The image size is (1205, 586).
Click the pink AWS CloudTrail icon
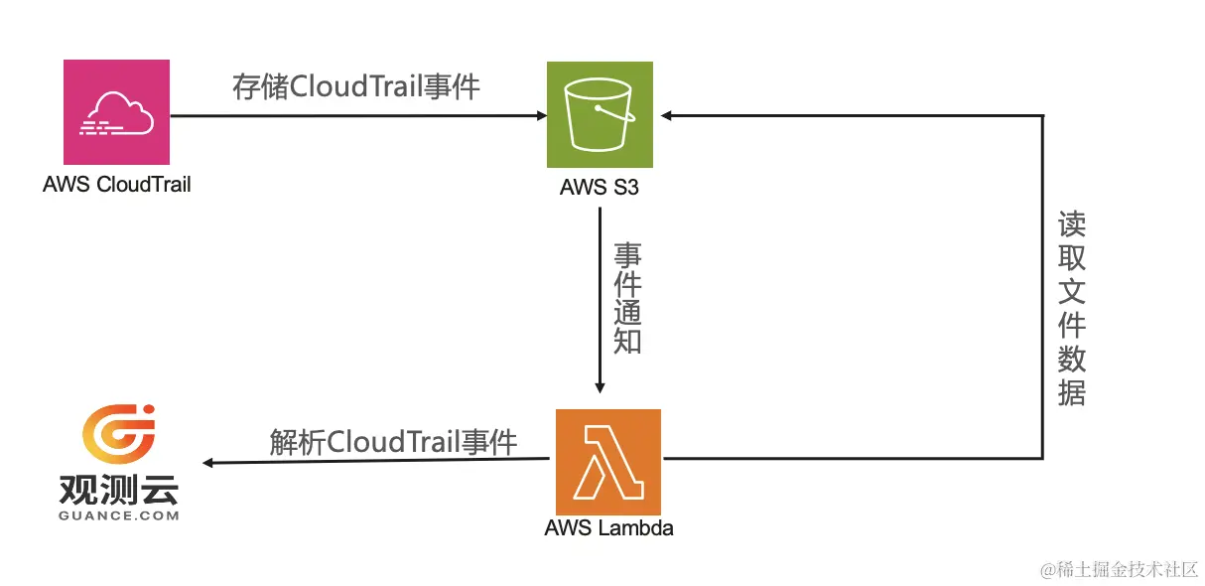(x=116, y=112)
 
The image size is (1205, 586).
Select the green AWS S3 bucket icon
(x=600, y=114)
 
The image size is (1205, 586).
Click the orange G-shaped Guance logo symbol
(x=119, y=437)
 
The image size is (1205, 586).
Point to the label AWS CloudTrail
(x=117, y=184)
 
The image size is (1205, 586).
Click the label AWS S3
(x=600, y=187)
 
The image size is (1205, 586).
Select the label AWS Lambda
(x=608, y=528)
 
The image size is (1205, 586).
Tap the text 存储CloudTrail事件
(x=356, y=87)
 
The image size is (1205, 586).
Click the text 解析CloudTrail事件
(x=393, y=441)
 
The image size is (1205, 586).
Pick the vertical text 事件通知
(x=627, y=298)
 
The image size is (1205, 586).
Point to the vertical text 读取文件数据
(x=1072, y=308)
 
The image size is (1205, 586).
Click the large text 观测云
(x=119, y=490)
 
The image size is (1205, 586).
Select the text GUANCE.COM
(x=119, y=515)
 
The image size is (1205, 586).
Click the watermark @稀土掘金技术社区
(x=1120, y=569)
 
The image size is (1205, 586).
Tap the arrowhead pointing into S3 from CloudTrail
(x=541, y=115)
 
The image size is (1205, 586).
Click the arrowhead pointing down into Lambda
(x=600, y=388)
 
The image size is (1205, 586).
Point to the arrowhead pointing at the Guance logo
(x=208, y=463)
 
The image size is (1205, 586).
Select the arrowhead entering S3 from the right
(x=667, y=115)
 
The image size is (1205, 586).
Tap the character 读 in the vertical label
(x=1072, y=223)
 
